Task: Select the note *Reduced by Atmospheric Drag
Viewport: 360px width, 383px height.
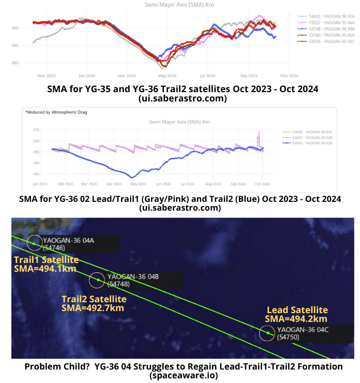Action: [x=49, y=111]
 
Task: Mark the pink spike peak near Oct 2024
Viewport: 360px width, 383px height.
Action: [x=259, y=131]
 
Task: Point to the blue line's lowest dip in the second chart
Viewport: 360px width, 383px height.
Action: [x=133, y=177]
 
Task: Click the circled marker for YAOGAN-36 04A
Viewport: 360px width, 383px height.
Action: [x=34, y=242]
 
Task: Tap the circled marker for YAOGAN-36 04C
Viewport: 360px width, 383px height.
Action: [x=267, y=333]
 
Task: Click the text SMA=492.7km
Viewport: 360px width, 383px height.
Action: [x=93, y=308]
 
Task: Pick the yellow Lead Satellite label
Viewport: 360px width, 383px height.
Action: [x=297, y=310]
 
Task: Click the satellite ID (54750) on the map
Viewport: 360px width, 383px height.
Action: [x=288, y=337]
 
